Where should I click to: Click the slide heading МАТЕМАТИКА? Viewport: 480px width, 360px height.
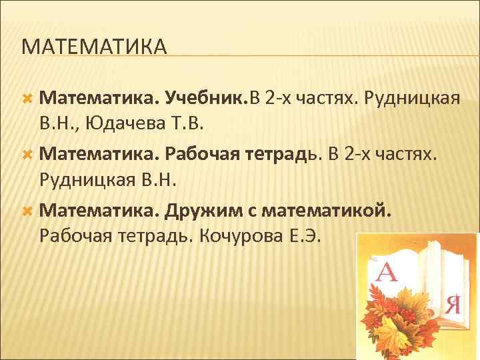tap(93, 47)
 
